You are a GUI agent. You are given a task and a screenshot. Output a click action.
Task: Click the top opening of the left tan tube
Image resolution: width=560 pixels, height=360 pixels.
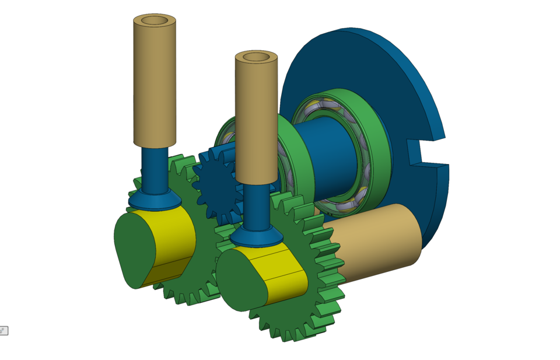coord(155,20)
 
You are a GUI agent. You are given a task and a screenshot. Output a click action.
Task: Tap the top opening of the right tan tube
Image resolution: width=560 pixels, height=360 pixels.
coord(256,57)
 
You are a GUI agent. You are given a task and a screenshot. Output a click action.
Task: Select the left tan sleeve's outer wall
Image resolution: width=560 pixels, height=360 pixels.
coord(155,88)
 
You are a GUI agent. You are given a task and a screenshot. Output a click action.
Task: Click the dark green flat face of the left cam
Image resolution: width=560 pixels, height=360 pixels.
coord(131,251)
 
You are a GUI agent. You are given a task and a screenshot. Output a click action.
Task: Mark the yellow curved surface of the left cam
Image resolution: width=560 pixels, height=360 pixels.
coord(172,239)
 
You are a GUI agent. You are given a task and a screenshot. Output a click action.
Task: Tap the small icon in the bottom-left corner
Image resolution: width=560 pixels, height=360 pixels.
coord(3,331)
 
